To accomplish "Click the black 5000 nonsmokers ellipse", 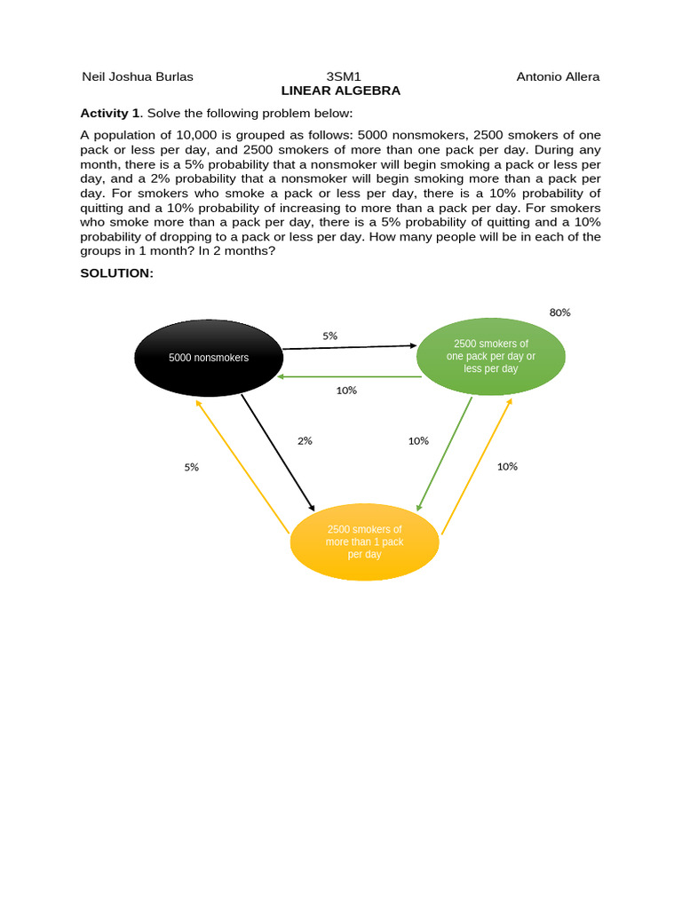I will click(x=209, y=358).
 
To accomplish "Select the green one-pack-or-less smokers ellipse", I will click(x=490, y=356).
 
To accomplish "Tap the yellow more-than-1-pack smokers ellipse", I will click(x=364, y=541).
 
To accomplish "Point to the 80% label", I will click(x=559, y=312).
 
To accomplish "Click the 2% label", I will click(x=305, y=440).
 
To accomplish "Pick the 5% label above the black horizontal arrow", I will click(x=329, y=336).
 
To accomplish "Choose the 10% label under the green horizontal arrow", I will click(x=346, y=390).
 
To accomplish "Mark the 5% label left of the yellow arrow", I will click(x=192, y=467).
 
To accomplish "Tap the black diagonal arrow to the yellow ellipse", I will click(x=278, y=453).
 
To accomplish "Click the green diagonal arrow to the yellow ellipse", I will click(x=444, y=454).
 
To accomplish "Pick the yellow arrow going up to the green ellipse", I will click(x=477, y=466).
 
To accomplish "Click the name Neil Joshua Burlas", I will click(x=138, y=76).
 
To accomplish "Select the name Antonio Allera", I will click(x=558, y=76).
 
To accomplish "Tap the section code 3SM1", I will click(x=344, y=76).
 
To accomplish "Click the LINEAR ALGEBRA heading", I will click(x=341, y=91).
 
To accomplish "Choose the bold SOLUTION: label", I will click(x=117, y=273).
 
